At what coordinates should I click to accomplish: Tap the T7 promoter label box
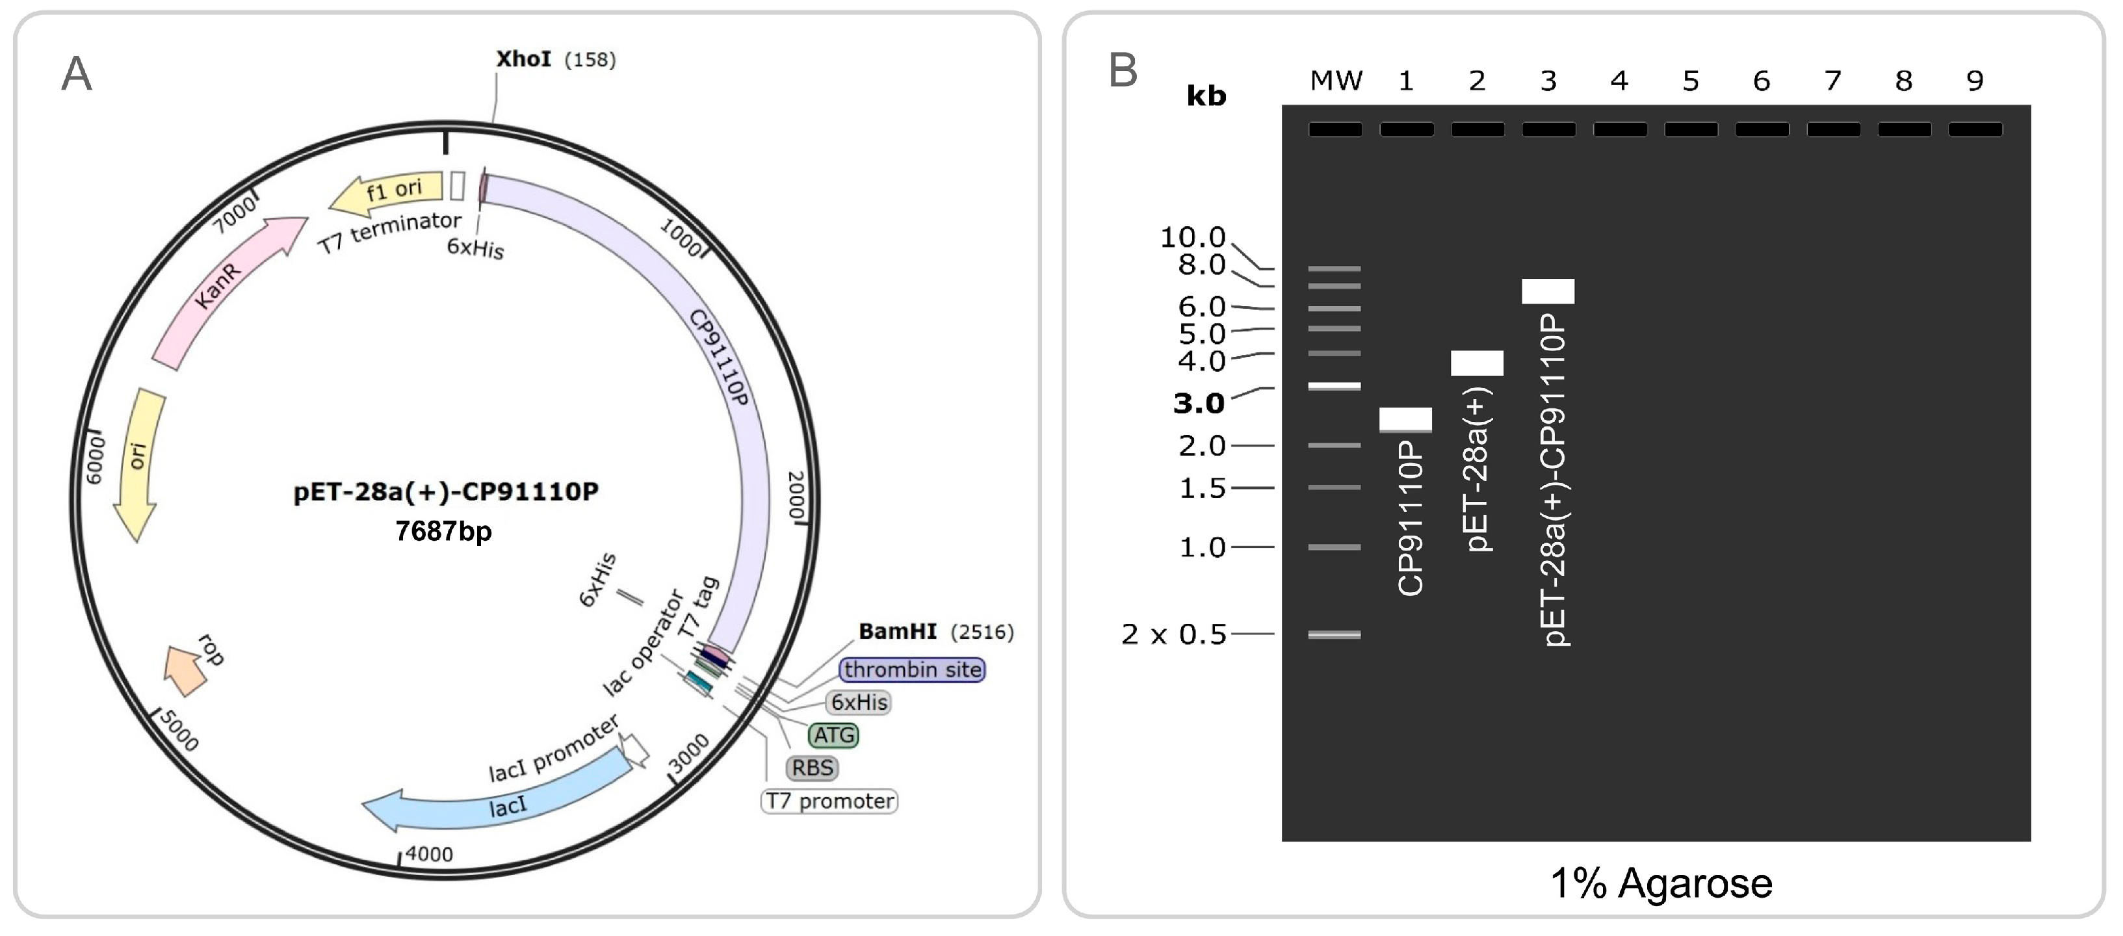[x=828, y=800]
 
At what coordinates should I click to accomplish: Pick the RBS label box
[x=812, y=767]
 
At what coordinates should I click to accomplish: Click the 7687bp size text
[x=443, y=532]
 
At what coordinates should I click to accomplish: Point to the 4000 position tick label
[x=428, y=853]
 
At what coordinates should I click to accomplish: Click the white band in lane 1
[x=1405, y=419]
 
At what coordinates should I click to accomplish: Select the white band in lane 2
[x=1477, y=363]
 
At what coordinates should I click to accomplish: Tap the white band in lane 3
[x=1548, y=291]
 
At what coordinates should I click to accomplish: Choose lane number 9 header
[x=1975, y=81]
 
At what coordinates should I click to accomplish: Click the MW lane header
[x=1335, y=81]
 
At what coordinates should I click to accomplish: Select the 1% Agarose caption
[x=1661, y=883]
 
